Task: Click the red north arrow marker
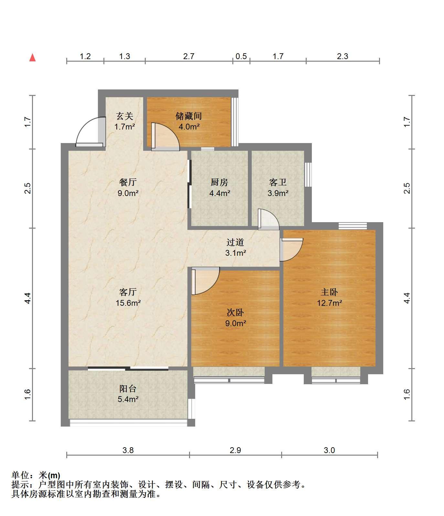click(x=32, y=58)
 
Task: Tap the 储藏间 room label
click(x=189, y=116)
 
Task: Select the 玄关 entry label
click(x=125, y=116)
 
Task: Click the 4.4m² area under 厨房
click(x=220, y=193)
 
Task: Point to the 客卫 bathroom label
click(x=278, y=182)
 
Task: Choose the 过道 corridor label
click(x=235, y=242)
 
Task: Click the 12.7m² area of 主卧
click(x=329, y=303)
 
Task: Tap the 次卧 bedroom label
click(x=235, y=312)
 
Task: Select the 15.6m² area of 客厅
click(x=128, y=303)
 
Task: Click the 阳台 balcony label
click(x=128, y=388)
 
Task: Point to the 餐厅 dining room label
click(x=128, y=182)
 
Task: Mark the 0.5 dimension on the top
click(x=241, y=57)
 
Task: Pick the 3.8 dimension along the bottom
click(x=128, y=450)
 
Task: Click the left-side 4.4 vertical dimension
click(x=28, y=298)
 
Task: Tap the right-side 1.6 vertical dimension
click(x=407, y=394)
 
